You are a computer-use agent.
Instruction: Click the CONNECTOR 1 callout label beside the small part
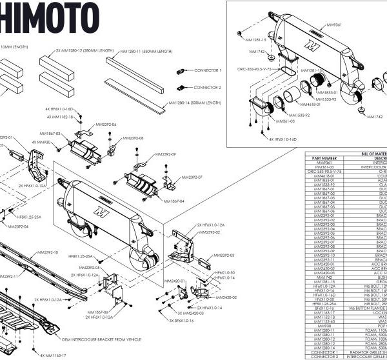tap(208, 70)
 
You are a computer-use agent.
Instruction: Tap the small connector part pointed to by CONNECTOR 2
tap(181, 86)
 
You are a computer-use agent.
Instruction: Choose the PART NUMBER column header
tap(324, 157)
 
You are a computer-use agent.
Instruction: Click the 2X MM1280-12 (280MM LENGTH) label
tap(84, 50)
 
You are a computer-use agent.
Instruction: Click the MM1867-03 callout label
tap(49, 134)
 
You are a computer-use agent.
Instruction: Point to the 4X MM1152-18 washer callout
tap(63, 117)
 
